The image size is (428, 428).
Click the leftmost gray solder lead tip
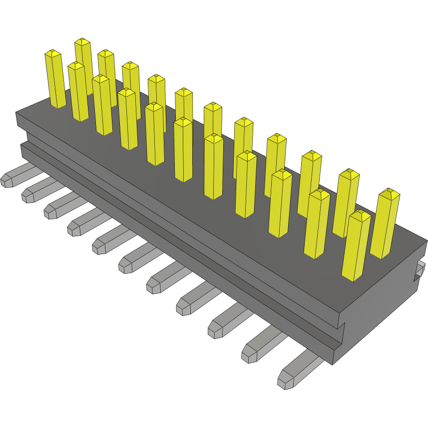point(7,180)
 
